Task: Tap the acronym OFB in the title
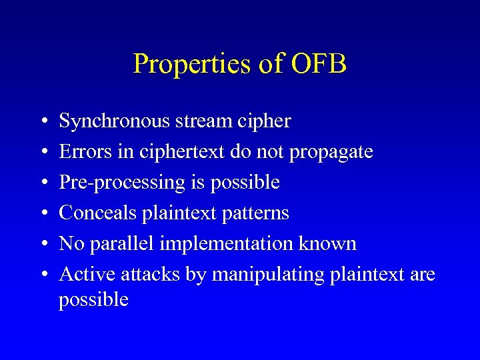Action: coord(319,65)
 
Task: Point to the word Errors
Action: coord(83,152)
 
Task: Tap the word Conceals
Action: coord(98,213)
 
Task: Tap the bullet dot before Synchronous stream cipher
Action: coord(43,122)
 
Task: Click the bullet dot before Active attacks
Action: coord(43,275)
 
